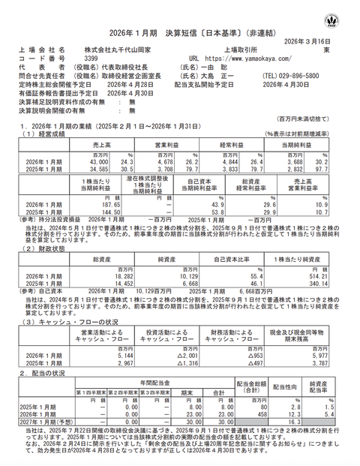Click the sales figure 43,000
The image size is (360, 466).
pos(98,160)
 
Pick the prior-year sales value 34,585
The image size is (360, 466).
pos(98,167)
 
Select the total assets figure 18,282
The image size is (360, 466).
pos(106,278)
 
